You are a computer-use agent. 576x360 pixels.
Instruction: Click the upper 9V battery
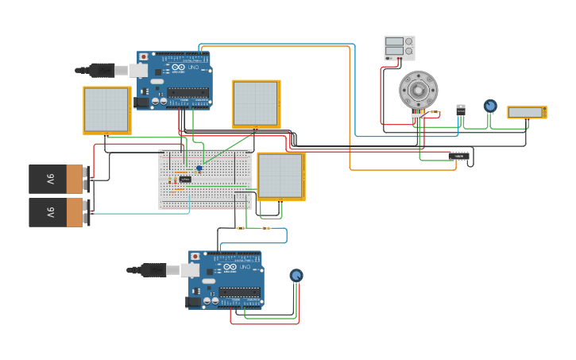[x=56, y=179]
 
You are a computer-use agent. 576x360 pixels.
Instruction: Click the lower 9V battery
[x=56, y=212]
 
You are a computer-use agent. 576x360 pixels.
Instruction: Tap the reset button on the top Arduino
[x=143, y=57]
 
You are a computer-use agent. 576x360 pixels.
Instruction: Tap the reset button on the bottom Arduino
[x=195, y=257]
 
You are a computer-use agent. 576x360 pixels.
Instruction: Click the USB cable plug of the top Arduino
[x=103, y=70]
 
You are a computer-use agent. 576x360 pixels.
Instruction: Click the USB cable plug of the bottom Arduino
[x=154, y=270]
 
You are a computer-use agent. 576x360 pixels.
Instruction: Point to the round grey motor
[x=418, y=90]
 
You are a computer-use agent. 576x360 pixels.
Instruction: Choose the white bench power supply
[x=399, y=48]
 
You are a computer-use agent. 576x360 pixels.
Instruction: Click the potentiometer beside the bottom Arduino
[x=296, y=275]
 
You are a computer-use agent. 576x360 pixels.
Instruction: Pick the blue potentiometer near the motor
[x=490, y=106]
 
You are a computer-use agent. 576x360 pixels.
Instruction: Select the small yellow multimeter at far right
[x=527, y=112]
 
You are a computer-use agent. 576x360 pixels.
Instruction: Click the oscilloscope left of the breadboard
[x=106, y=110]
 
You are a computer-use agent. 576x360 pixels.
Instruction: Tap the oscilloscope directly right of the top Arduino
[x=256, y=103]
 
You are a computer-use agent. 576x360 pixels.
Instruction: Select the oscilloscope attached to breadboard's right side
[x=280, y=176]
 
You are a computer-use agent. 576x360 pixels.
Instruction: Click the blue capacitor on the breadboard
[x=199, y=168]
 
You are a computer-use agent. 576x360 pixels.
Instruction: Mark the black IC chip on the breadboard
[x=185, y=180]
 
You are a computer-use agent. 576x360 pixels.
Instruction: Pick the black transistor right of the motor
[x=461, y=110]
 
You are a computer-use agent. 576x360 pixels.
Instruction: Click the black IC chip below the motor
[x=458, y=157]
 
